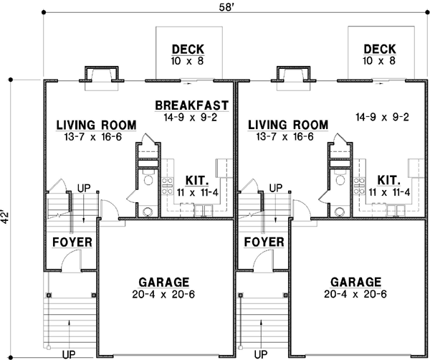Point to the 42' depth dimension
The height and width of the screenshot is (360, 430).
(x=6, y=217)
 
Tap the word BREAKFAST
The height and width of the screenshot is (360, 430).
(x=191, y=106)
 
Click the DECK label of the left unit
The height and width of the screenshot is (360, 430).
(x=188, y=49)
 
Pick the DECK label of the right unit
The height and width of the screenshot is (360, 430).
(x=380, y=49)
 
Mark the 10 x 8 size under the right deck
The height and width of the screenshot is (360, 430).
(x=380, y=61)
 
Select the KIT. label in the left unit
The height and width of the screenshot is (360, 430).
(x=198, y=179)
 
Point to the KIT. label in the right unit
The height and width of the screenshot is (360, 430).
(x=390, y=179)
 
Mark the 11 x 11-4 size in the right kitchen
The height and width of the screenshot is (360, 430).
(x=390, y=191)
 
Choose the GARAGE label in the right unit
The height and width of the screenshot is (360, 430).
(x=356, y=281)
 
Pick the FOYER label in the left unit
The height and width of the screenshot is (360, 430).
(x=72, y=242)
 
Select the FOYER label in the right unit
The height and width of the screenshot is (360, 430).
(x=264, y=242)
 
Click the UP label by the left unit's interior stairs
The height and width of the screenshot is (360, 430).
(x=85, y=188)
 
